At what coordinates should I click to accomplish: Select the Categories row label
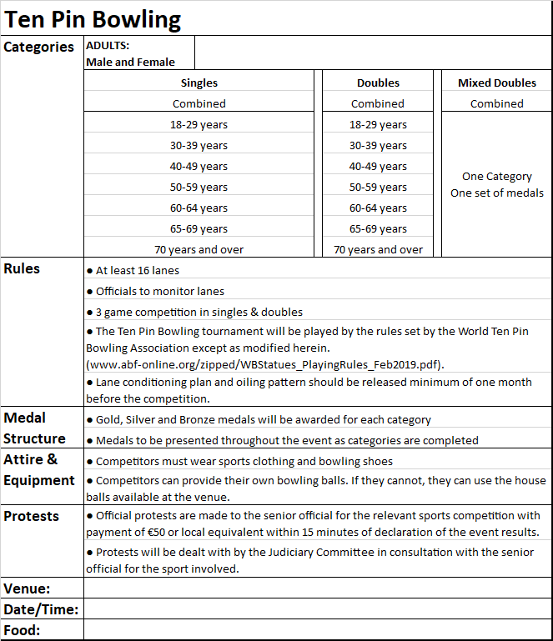(x=39, y=48)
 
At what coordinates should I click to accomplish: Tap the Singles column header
(x=199, y=83)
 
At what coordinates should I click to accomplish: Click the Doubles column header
(x=378, y=83)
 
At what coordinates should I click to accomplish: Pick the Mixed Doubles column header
(x=497, y=83)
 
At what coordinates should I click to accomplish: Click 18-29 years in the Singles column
(x=199, y=124)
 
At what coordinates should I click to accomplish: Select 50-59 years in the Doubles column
(x=378, y=187)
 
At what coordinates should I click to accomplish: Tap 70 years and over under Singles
(x=199, y=249)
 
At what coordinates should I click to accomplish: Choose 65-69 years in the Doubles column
(x=378, y=228)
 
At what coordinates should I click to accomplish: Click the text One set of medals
(x=497, y=193)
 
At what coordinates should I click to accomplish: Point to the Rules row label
(x=22, y=268)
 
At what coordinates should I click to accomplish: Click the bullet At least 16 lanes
(x=137, y=270)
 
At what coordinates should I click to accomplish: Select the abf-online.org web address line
(x=265, y=364)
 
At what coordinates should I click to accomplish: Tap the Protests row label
(x=32, y=516)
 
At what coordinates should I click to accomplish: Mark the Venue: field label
(x=27, y=588)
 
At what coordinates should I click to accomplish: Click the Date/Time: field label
(x=41, y=609)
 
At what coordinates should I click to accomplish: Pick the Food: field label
(x=23, y=630)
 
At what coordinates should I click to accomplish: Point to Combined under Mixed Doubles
(x=497, y=103)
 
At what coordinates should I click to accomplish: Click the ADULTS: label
(x=108, y=46)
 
